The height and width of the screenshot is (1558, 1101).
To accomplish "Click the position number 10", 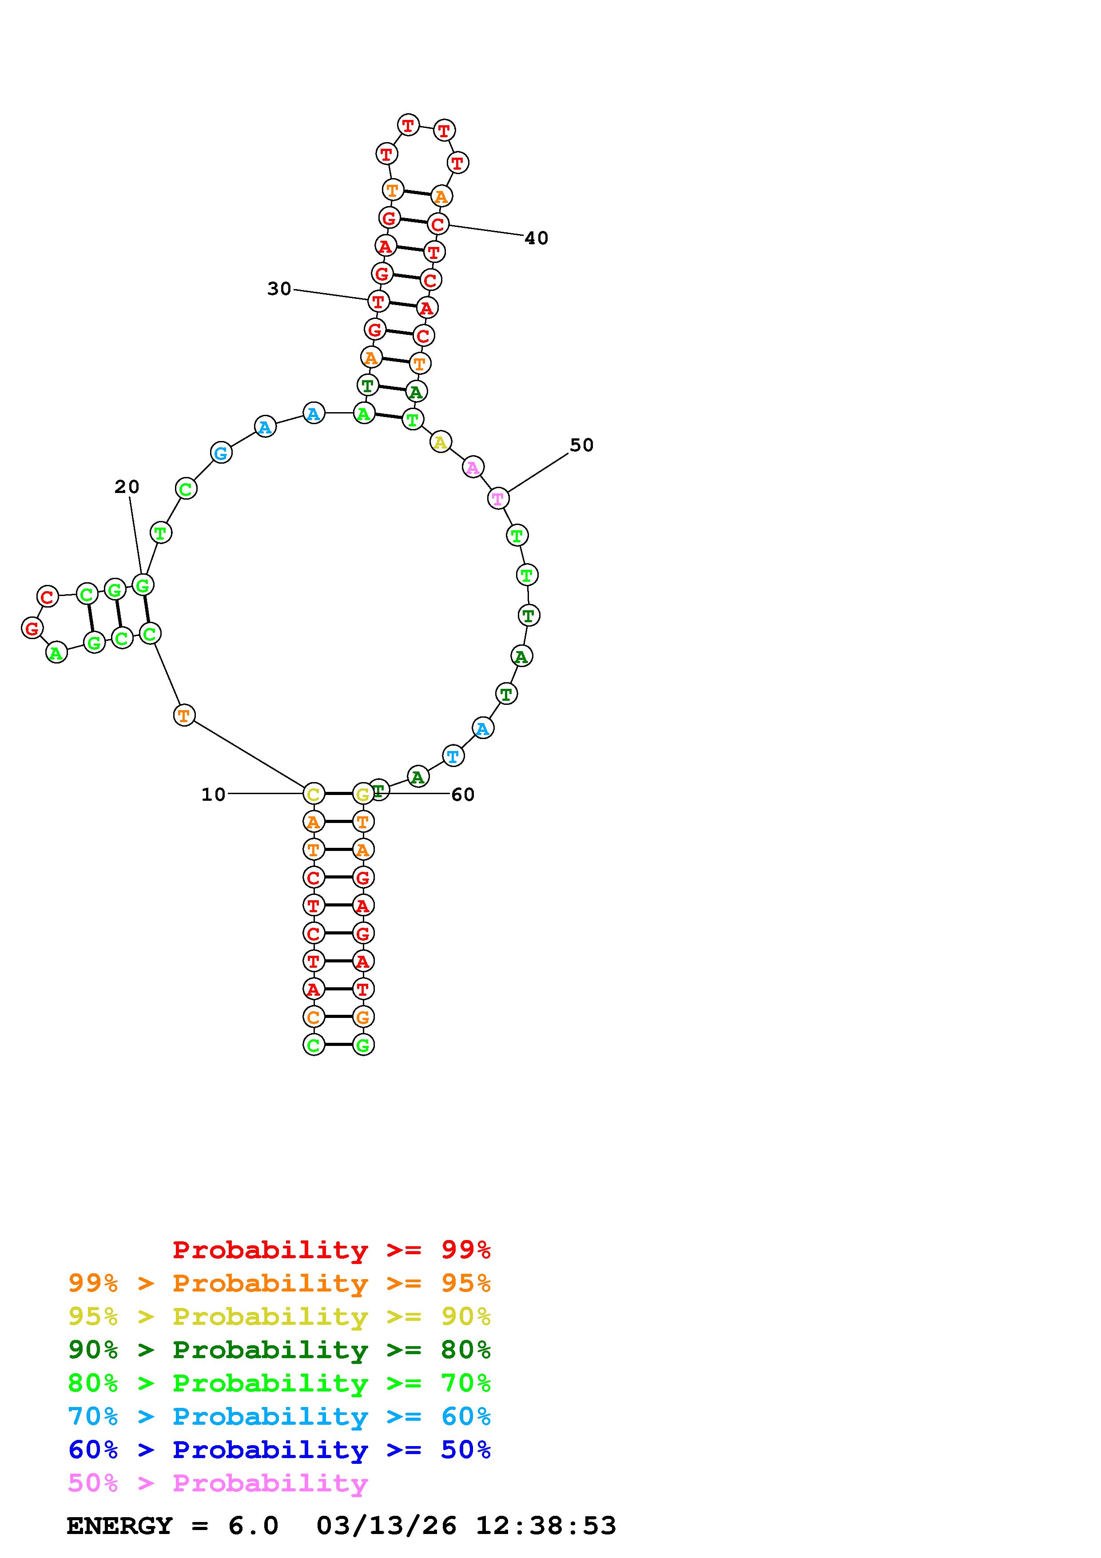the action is (x=213, y=795).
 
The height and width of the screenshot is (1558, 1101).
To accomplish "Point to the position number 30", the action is (x=279, y=289).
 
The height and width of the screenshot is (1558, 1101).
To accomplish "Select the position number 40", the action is (x=536, y=238).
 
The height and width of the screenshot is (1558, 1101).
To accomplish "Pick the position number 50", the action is (x=581, y=445).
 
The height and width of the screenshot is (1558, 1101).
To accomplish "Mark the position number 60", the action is (x=463, y=795).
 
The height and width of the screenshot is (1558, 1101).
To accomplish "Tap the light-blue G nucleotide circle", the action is (x=221, y=453).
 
